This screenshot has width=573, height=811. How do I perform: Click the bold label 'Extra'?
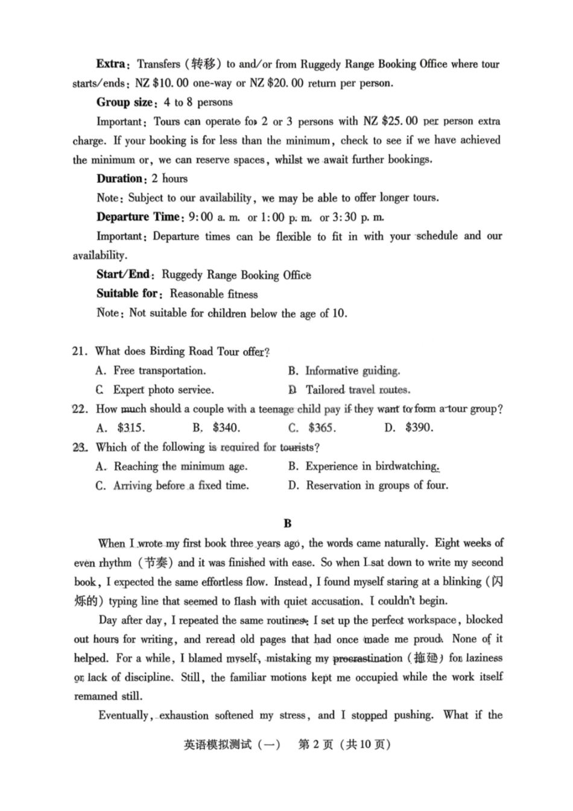(111, 64)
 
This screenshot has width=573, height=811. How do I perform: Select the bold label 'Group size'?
(126, 102)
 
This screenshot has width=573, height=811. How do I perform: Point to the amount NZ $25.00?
(390, 121)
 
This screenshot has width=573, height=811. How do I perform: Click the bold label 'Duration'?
(119, 178)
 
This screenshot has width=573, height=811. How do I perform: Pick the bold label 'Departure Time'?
(138, 217)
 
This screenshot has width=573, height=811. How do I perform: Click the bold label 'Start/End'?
(124, 274)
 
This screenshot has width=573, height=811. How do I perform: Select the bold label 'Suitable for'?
(127, 294)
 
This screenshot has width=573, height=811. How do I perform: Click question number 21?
(80, 352)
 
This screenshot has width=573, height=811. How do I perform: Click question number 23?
(80, 447)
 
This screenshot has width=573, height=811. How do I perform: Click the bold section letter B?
(288, 523)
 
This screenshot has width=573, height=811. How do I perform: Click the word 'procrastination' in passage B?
(367, 658)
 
